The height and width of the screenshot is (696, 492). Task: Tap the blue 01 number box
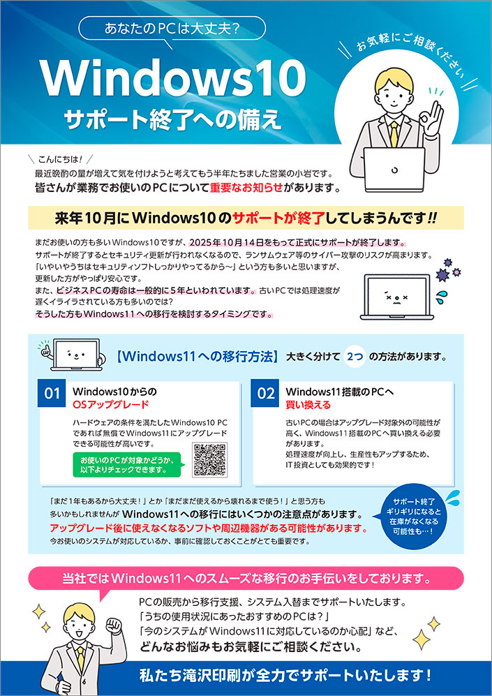52,394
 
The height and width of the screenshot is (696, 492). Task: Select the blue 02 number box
267,394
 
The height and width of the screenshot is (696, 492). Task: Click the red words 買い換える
305,404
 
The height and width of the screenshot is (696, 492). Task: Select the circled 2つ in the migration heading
355,356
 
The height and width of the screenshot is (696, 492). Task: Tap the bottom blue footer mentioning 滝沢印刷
245,675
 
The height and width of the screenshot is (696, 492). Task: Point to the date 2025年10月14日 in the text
241,242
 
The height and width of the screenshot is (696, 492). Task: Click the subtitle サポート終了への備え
172,118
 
